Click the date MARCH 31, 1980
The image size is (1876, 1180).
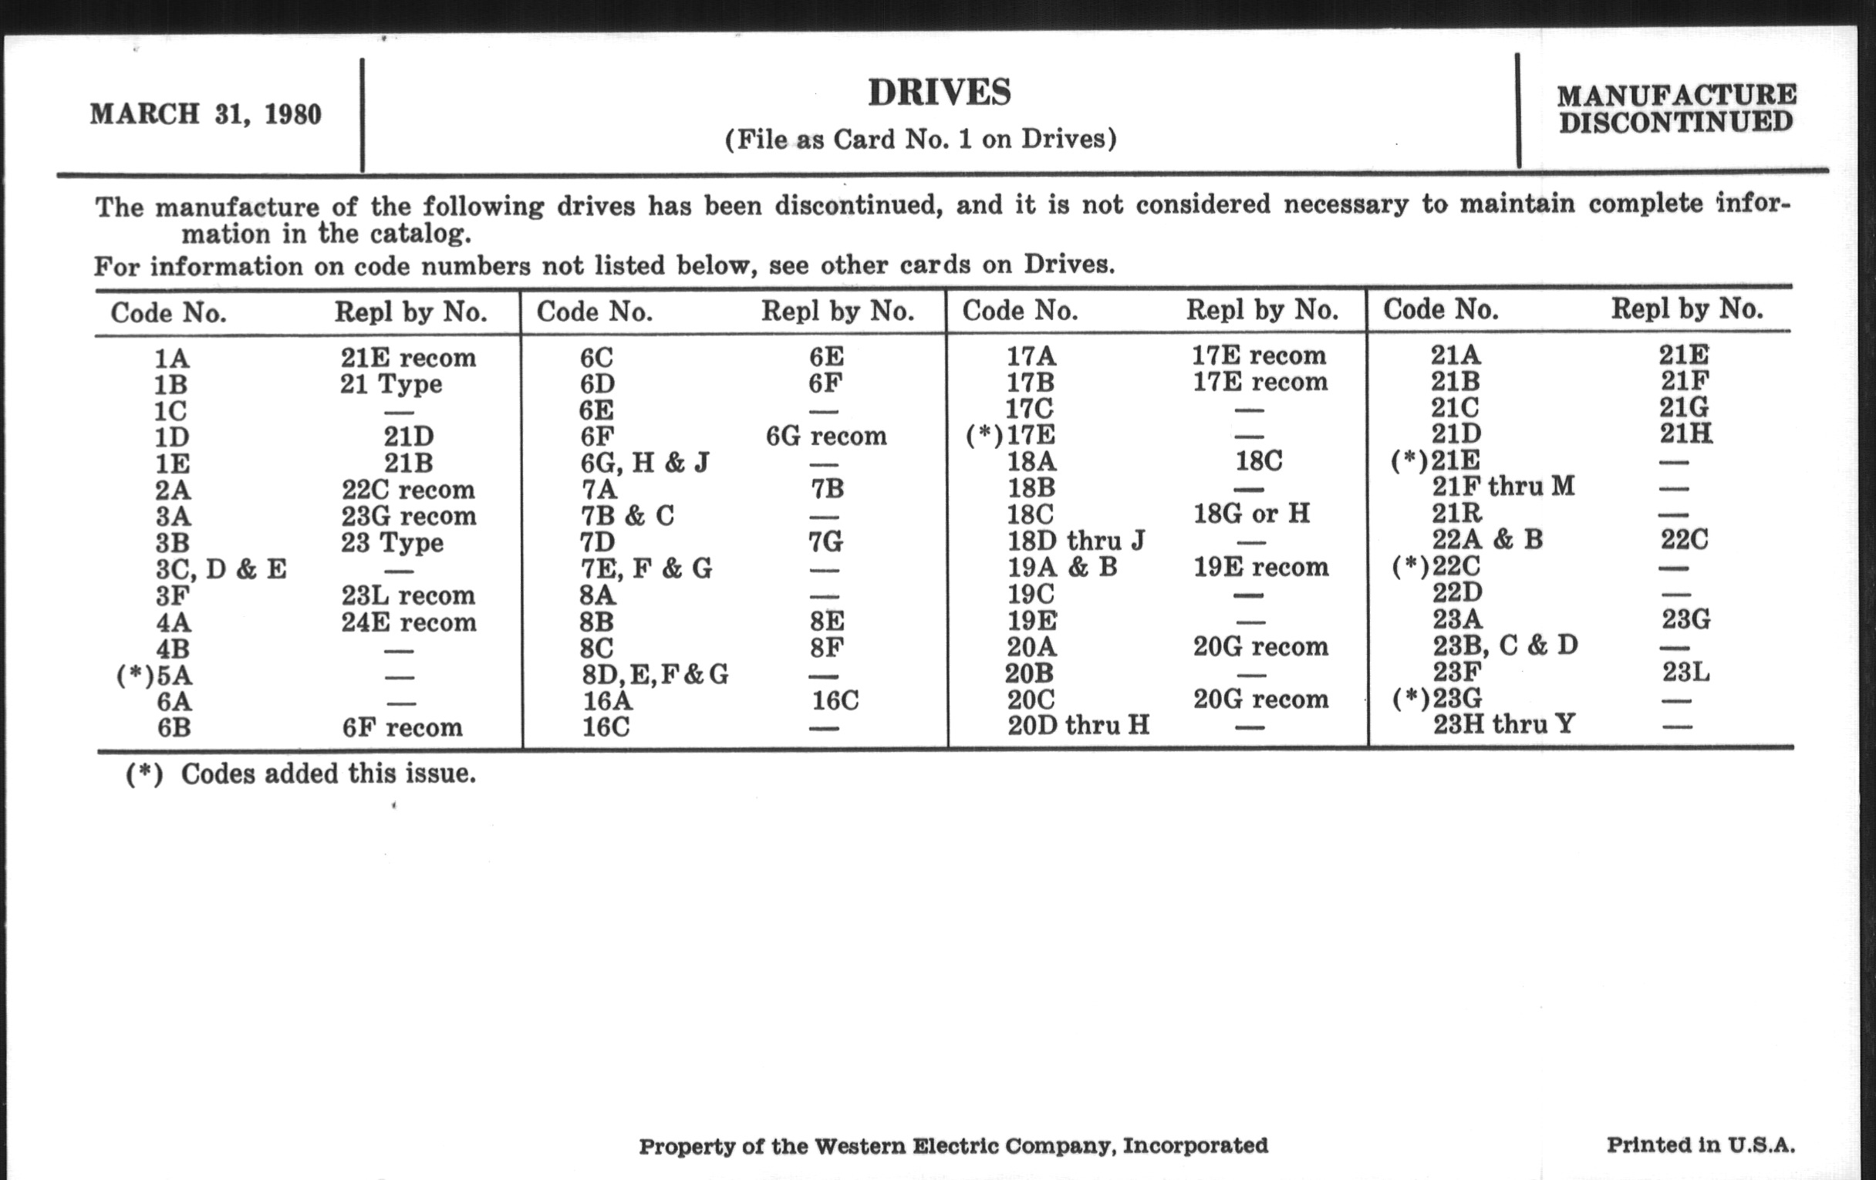pos(206,114)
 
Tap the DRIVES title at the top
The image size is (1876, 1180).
pos(939,93)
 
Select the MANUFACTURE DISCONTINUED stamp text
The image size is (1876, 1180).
pos(1675,108)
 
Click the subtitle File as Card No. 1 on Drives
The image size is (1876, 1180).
pos(920,139)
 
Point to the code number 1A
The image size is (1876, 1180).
pos(171,359)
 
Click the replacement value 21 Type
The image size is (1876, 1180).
pos(390,384)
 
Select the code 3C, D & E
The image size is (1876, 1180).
pos(221,568)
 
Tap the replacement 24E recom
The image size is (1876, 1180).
pos(408,622)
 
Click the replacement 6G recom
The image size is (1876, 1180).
pos(826,436)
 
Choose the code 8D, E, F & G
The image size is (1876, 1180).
pos(654,674)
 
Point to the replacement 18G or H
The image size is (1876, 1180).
pos(1251,514)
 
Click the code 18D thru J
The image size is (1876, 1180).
pos(1076,540)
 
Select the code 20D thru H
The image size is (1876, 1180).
pos(1078,725)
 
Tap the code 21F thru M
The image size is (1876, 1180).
pos(1503,486)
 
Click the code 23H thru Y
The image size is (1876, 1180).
pos(1503,724)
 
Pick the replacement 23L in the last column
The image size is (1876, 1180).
pos(1685,672)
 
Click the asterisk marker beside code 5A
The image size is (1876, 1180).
pos(135,676)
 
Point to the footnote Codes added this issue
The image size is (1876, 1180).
pos(328,774)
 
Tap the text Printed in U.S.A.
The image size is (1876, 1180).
pos(1700,1145)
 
